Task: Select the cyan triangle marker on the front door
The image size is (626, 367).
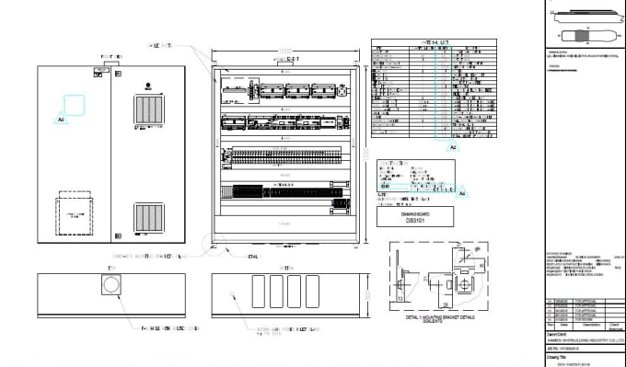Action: click(x=61, y=120)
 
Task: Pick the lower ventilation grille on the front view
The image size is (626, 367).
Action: click(x=147, y=218)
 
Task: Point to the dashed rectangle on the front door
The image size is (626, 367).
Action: click(x=74, y=214)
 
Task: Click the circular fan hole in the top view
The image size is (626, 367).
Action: click(x=110, y=287)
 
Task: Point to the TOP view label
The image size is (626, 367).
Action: click(x=110, y=268)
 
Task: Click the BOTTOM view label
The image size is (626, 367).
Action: click(x=282, y=268)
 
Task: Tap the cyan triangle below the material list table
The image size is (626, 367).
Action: click(x=451, y=145)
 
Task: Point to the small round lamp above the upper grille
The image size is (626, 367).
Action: click(x=147, y=86)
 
